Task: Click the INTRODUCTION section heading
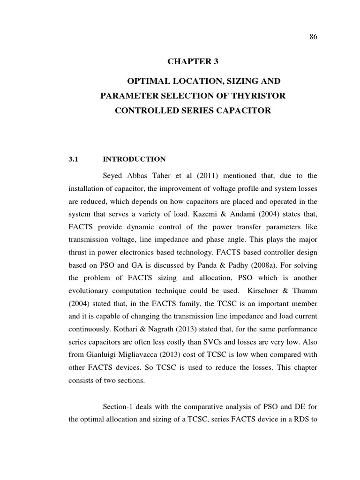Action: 134,159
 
